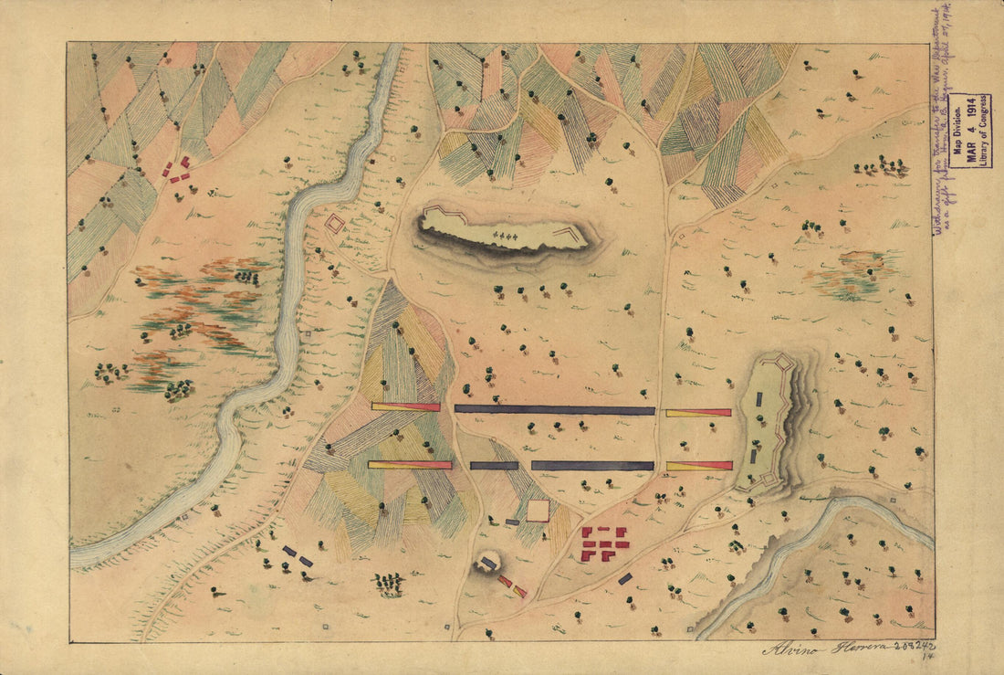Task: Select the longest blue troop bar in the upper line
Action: [x=555, y=410]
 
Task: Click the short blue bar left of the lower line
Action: [x=494, y=466]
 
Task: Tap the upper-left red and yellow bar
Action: [x=405, y=407]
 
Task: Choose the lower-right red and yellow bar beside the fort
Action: [x=699, y=466]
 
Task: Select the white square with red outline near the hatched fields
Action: [x=538, y=511]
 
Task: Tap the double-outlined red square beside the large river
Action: [x=335, y=223]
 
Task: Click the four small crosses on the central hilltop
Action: [x=505, y=237]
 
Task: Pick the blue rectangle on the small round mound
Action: [x=489, y=564]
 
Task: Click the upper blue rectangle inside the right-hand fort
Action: [x=758, y=398]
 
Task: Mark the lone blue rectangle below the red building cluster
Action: [x=625, y=578]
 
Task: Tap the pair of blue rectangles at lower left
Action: [x=298, y=555]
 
